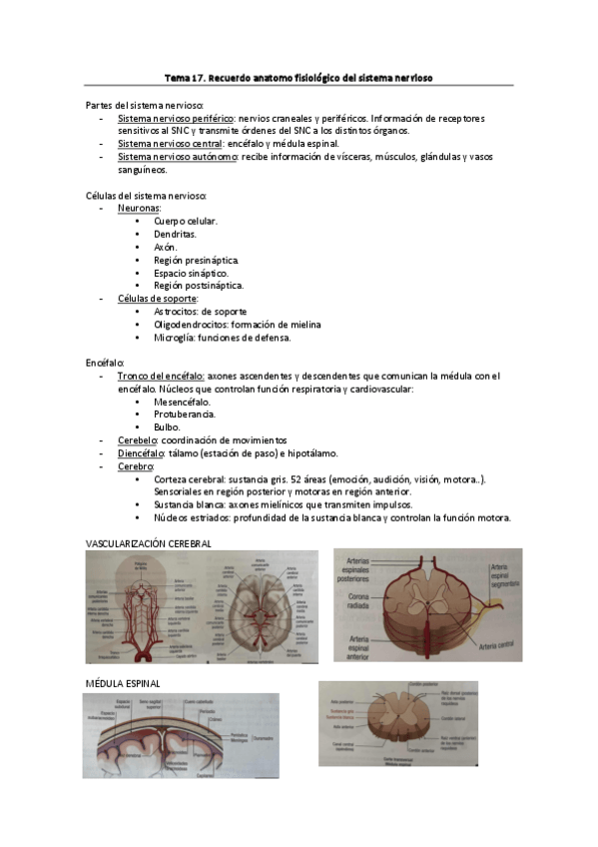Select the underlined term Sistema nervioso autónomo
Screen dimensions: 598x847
click(176, 157)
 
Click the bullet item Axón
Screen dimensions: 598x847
click(165, 247)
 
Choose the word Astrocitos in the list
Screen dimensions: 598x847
click(177, 312)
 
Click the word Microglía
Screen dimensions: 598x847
click(174, 338)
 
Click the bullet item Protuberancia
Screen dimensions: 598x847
click(184, 415)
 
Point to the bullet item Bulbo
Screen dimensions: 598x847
click(167, 427)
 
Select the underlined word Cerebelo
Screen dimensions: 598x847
click(137, 440)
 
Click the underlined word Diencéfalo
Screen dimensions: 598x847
click(140, 453)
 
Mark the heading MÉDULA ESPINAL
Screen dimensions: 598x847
click(124, 683)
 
